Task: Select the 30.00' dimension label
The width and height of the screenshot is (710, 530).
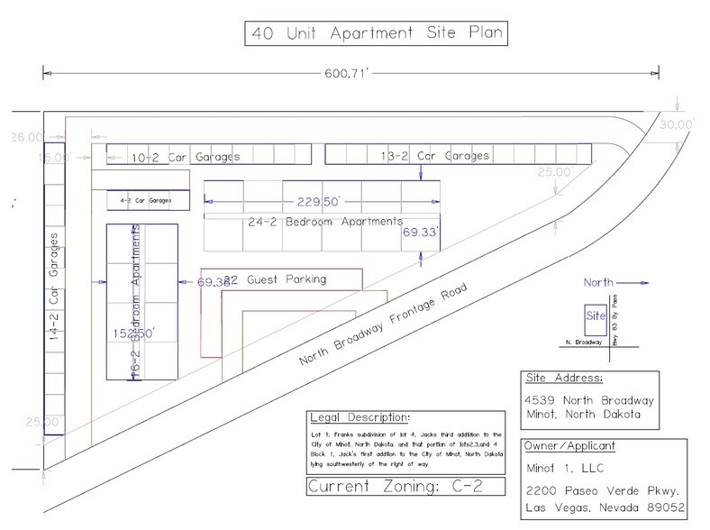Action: [x=676, y=124]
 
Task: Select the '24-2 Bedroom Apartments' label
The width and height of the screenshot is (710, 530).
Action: [x=324, y=222]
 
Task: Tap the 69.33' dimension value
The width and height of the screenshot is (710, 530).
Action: [x=421, y=233]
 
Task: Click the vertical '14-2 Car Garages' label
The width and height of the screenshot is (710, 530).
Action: [x=56, y=288]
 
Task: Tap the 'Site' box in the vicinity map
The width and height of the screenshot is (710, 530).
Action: [x=595, y=317]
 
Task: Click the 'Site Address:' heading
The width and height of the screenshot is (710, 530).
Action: [x=564, y=378]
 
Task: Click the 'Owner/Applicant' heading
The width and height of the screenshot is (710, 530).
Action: [x=573, y=446]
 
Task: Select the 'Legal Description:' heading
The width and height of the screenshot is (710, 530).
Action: [x=359, y=419]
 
